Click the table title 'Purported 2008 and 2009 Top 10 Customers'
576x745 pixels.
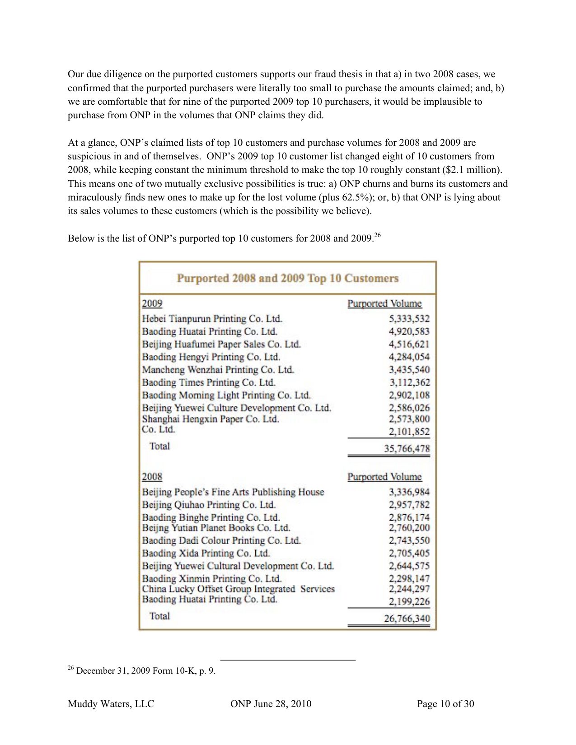287,278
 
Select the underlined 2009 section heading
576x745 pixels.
152,303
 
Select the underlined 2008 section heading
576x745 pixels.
152,477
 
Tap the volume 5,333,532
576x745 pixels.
409,319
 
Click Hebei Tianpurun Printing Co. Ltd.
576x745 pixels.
212,319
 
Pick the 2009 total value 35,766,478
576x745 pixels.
407,448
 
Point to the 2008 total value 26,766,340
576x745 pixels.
407,618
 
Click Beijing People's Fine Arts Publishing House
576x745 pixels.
233,492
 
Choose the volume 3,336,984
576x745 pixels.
409,492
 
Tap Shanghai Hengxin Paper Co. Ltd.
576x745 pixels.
211,419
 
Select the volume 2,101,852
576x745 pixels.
409,432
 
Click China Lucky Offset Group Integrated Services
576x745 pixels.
238,589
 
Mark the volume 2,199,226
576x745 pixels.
409,601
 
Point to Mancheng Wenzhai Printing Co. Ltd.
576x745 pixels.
218,370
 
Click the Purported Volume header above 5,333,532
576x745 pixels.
384,303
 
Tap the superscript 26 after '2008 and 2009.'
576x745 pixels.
378,235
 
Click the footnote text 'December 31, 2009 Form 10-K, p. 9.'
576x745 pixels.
146,670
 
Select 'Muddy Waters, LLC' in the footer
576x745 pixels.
111,703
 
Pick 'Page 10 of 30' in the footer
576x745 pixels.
445,703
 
